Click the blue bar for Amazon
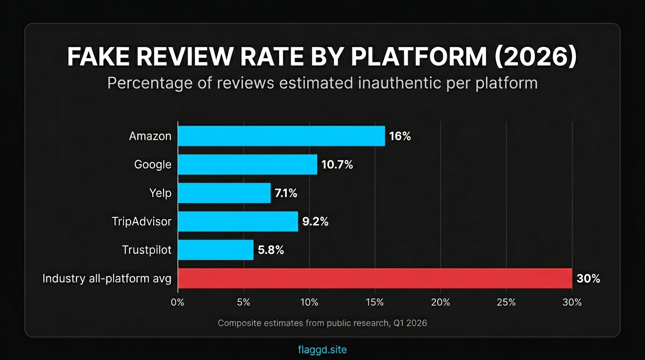point(281,136)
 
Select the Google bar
point(247,165)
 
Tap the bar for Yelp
point(224,193)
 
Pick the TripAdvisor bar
point(238,221)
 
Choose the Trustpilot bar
point(216,250)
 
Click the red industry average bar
point(375,278)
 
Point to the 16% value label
point(400,136)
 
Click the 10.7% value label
point(337,165)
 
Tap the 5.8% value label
point(270,250)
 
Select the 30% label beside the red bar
point(588,279)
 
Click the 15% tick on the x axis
point(375,303)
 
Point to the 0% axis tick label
point(178,303)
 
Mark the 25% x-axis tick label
point(506,303)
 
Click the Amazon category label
point(150,136)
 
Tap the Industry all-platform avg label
point(107,279)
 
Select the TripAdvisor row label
point(142,222)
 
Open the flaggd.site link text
point(322,350)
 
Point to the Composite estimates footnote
point(322,323)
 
